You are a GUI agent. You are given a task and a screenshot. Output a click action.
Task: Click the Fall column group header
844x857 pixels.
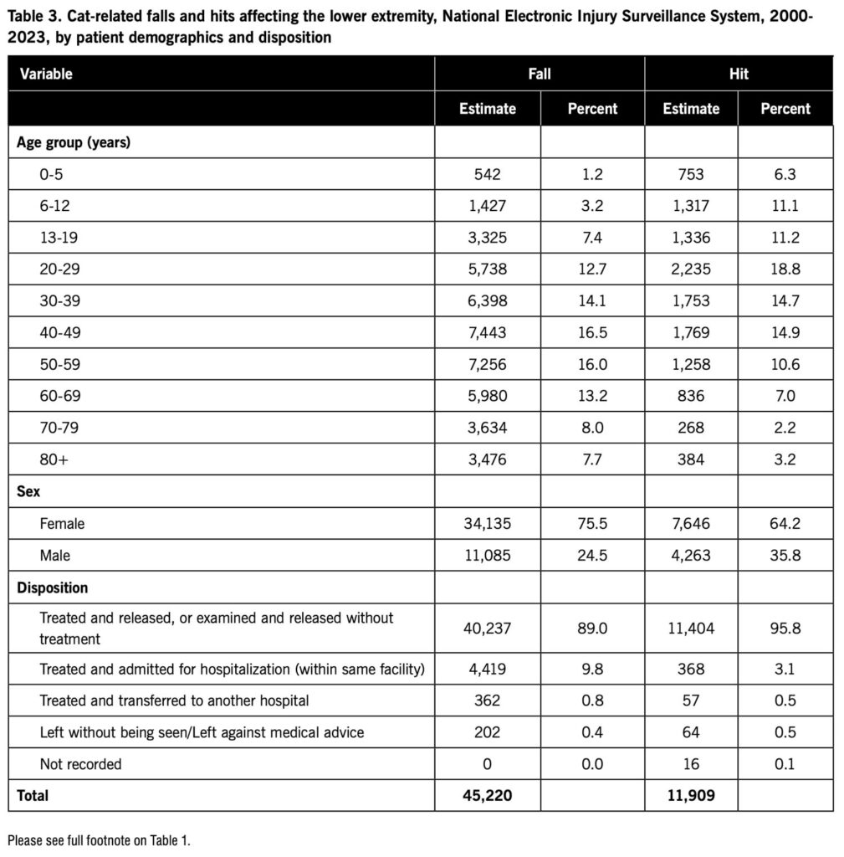[x=539, y=74]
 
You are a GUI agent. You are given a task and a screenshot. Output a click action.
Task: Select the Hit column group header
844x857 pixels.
[x=739, y=74]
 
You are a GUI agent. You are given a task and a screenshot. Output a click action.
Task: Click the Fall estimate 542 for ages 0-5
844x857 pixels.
[x=487, y=174]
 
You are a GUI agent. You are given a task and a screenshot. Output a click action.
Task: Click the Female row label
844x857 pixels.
[x=62, y=523]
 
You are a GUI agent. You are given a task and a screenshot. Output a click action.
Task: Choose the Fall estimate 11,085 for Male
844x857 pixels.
[x=487, y=555]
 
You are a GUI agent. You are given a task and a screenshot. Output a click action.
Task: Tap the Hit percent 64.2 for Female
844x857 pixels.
[x=785, y=523]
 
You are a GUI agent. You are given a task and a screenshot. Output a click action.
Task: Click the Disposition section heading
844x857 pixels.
[x=52, y=587]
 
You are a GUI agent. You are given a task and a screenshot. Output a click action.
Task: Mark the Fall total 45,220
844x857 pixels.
[x=487, y=795]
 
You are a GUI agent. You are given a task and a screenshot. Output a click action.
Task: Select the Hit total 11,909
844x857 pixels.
[x=691, y=795]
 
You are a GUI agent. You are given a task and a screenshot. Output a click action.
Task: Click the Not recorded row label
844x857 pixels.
[x=80, y=763]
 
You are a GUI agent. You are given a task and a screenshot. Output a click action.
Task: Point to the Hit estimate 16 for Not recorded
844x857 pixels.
[x=691, y=763]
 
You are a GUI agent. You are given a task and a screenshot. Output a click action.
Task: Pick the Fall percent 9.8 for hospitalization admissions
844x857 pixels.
[x=592, y=669]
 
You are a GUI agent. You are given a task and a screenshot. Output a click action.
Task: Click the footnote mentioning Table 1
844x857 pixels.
[x=99, y=839]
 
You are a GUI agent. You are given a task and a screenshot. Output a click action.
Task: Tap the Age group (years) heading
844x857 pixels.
[x=73, y=142]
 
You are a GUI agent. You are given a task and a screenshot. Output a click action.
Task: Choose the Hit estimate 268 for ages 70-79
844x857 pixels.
[x=691, y=427]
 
